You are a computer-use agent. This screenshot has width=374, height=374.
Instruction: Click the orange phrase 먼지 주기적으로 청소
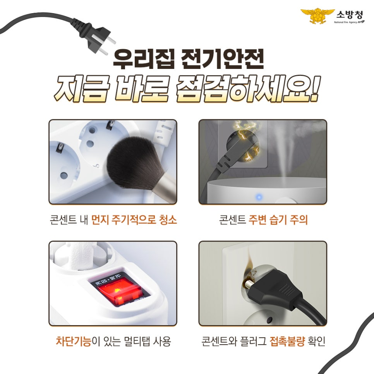coord(134,221)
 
